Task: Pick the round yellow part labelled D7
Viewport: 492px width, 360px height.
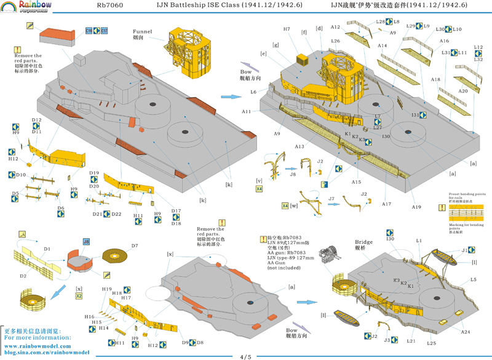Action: tap(114, 255)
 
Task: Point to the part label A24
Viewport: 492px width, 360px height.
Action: tap(466, 314)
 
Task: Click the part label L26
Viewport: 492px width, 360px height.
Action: tap(335, 41)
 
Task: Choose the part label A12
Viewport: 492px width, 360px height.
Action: tap(335, 27)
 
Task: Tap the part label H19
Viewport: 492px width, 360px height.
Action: tap(106, 289)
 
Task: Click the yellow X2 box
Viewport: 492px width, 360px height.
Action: tap(79, 296)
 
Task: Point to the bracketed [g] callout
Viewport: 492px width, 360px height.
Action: tap(276, 45)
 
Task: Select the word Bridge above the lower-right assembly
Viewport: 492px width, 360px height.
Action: tap(364, 242)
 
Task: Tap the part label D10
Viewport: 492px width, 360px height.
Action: tap(21, 175)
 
